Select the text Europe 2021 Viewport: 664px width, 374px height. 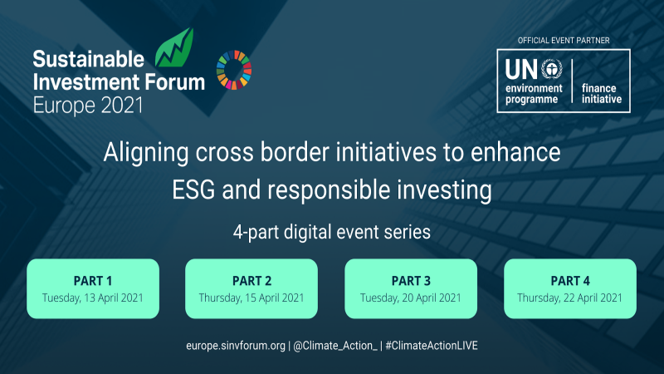tap(88, 105)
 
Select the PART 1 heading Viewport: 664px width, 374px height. tap(92, 280)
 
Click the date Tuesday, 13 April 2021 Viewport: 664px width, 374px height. tap(92, 297)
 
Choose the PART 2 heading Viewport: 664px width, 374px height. tap(251, 280)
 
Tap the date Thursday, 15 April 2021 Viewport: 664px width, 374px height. tap(251, 297)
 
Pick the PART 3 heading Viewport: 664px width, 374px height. tap(411, 280)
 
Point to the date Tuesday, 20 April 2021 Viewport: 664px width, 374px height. tap(411, 297)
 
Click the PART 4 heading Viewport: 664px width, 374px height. tap(570, 280)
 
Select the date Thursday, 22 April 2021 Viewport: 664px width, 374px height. tap(570, 297)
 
